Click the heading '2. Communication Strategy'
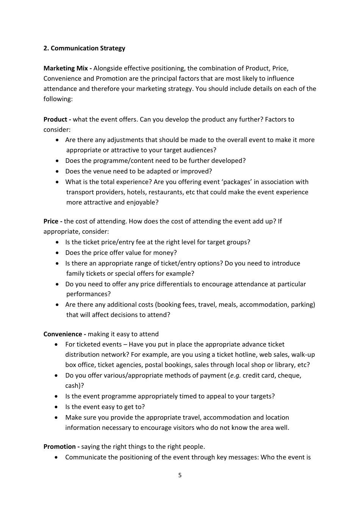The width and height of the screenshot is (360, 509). pos(84,48)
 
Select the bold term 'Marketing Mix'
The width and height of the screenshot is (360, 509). pos(66,68)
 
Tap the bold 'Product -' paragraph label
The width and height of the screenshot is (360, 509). pos(57,119)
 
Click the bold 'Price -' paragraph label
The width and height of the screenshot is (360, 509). pos(53,221)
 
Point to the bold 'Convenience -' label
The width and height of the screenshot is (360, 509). pos(64,334)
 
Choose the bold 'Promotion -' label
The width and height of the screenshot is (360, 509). pos(61,447)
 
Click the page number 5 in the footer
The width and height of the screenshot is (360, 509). pos(180,475)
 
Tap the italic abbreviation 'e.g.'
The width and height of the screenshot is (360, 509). pos(235,375)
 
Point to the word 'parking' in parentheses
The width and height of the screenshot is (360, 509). pos(302,304)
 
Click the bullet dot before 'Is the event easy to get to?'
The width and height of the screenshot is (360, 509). pos(57,407)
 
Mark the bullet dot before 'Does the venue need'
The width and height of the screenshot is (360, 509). pos(57,171)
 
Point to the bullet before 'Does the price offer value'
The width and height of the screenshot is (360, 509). pos(57,253)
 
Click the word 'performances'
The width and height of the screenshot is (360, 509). pos(87,294)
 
